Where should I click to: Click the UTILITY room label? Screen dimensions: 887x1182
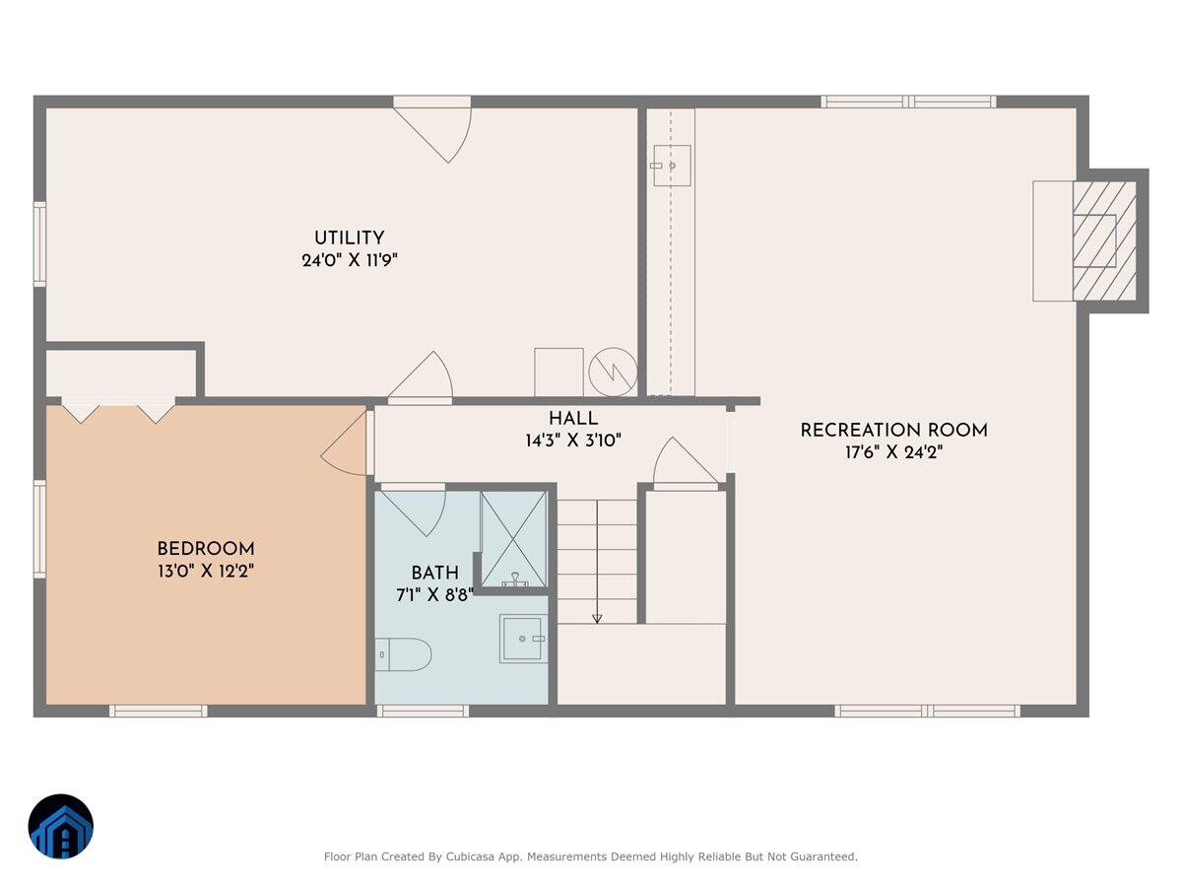point(349,238)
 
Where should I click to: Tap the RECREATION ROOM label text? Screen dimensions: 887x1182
point(893,430)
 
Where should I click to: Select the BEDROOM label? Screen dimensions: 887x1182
point(206,549)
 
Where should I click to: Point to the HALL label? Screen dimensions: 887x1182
point(573,419)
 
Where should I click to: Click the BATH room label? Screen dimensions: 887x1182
point(434,573)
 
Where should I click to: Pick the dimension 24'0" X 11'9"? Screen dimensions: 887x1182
point(349,261)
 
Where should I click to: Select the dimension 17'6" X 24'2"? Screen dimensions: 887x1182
point(893,453)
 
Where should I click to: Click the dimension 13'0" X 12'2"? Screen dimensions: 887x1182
point(206,572)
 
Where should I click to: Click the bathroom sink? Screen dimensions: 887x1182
point(523,639)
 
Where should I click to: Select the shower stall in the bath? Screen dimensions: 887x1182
point(513,538)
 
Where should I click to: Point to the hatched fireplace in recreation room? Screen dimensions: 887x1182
point(1103,240)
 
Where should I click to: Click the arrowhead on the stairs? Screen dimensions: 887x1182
point(597,618)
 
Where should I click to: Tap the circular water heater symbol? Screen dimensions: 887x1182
point(612,372)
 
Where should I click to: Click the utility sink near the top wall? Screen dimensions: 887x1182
point(672,167)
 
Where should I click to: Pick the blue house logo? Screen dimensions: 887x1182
point(61,826)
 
